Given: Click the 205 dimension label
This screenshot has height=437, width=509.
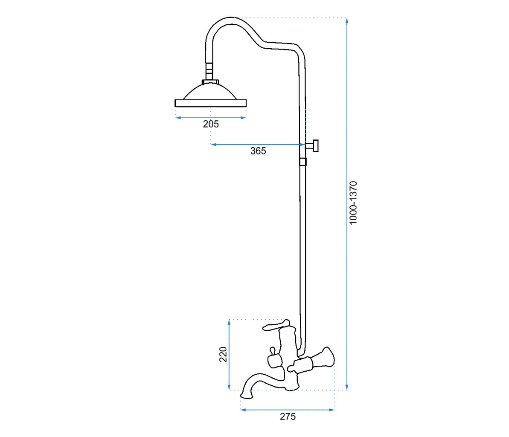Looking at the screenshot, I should (x=211, y=124).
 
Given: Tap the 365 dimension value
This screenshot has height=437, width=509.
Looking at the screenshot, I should (x=258, y=151).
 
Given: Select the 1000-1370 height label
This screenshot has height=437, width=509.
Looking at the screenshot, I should (x=353, y=203).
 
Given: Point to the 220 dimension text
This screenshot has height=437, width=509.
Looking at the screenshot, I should (x=223, y=354).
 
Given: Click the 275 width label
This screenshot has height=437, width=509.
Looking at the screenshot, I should (x=288, y=417).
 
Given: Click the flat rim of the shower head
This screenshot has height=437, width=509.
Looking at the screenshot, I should (x=211, y=103).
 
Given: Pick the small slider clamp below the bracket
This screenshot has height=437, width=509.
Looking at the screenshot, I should (x=303, y=162).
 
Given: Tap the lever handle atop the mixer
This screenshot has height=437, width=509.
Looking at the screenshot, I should (x=275, y=326).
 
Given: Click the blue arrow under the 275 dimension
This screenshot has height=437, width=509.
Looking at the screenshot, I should (x=288, y=410).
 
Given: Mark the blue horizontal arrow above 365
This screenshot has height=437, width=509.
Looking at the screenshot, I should (x=258, y=145).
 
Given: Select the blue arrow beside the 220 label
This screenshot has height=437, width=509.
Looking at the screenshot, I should (x=230, y=354).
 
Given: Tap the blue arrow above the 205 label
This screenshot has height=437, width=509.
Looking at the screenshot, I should (x=211, y=118).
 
